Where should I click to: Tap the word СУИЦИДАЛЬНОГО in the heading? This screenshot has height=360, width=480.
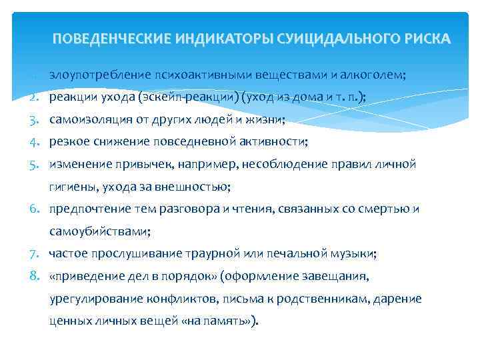(x=323, y=38)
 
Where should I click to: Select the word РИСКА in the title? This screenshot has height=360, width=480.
(x=422, y=38)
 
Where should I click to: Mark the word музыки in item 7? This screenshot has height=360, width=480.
(x=356, y=254)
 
